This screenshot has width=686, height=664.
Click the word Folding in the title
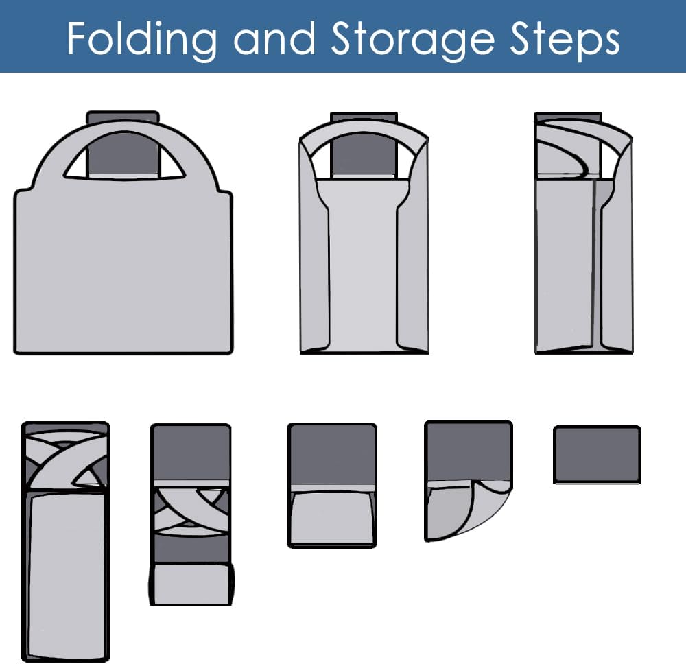point(142,38)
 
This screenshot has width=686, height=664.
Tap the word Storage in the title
point(412,38)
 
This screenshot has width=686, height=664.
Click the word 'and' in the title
point(274,38)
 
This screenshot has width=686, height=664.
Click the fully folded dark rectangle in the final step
point(598,454)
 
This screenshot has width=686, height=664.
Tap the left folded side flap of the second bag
point(314,245)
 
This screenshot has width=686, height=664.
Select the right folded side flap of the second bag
point(412,245)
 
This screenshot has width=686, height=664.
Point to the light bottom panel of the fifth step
point(191,584)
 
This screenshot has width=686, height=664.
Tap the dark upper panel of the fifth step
point(191,453)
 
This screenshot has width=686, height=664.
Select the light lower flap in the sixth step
point(332,519)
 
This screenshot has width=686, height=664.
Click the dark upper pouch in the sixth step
point(332,454)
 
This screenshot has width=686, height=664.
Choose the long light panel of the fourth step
point(67,576)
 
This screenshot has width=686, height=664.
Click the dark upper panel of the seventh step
point(468,451)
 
